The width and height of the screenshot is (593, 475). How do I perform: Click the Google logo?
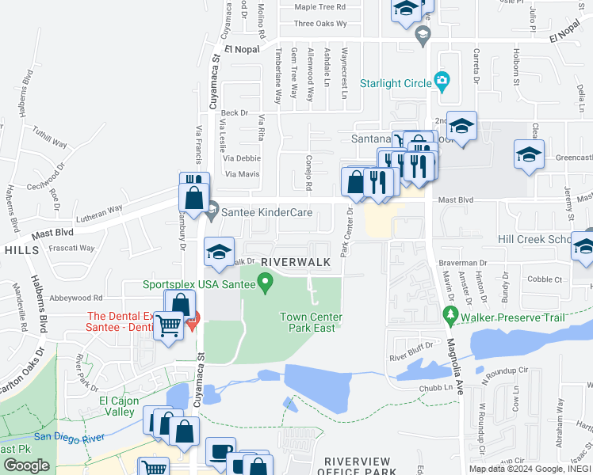pyautogui.click(x=26, y=465)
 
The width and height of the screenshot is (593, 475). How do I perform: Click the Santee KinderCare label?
pyautogui.click(x=272, y=212)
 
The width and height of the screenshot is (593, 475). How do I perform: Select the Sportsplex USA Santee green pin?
pyautogui.click(x=266, y=281)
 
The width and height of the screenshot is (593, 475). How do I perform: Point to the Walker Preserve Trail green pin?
pyautogui.click(x=450, y=316)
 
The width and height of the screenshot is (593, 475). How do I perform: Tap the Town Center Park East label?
pyautogui.click(x=311, y=322)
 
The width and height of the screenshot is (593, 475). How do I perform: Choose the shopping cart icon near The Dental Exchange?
pyautogui.click(x=168, y=325)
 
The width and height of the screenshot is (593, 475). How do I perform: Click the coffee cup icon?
pyautogui.click(x=220, y=451)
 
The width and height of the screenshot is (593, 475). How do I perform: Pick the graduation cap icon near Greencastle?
pyautogui.click(x=529, y=154)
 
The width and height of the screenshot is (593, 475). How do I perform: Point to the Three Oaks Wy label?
pyautogui.click(x=320, y=24)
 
